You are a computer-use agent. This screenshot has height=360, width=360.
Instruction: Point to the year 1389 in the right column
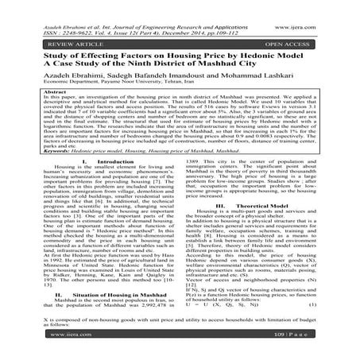(195, 182)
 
